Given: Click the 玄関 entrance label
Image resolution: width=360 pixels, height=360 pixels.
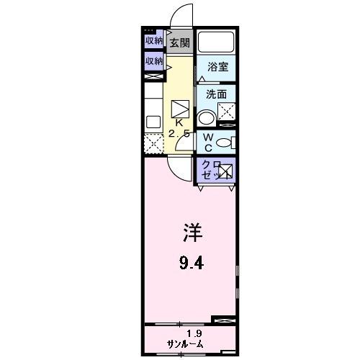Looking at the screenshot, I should (x=179, y=42).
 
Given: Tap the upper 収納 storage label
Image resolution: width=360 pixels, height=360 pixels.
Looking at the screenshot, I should (x=154, y=41).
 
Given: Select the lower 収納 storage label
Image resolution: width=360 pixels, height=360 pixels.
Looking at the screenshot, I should (x=154, y=62).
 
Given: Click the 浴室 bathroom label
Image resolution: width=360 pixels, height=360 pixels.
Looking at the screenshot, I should (x=217, y=67).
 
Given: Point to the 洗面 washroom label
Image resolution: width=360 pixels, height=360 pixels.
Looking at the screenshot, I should (x=216, y=94).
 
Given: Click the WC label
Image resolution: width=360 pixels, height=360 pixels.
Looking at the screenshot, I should (x=207, y=142).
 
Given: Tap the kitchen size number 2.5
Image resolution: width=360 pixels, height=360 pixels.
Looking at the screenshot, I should (x=179, y=133).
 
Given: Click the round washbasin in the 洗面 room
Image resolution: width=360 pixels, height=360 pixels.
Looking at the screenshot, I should (x=207, y=118).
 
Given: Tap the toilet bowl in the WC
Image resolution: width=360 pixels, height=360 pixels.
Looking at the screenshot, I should (x=224, y=142).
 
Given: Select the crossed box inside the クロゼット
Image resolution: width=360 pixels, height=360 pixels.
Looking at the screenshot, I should (x=226, y=171).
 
